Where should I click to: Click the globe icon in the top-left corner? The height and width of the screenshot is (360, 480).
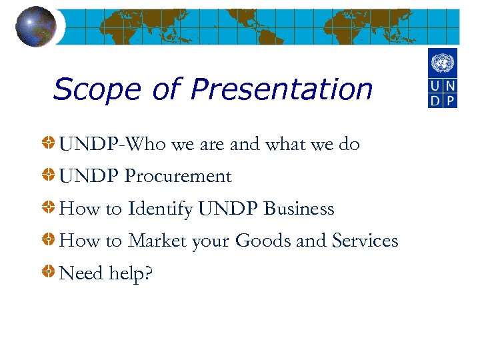[35, 26]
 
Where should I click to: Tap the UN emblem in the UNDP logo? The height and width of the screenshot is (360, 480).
[442, 64]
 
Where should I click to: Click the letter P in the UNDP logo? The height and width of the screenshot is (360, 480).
[450, 99]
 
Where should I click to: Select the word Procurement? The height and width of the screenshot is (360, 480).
[178, 177]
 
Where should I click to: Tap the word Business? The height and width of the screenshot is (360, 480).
[299, 209]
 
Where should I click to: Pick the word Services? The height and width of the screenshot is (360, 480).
[364, 241]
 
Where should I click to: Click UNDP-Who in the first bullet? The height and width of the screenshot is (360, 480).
[101, 144]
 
